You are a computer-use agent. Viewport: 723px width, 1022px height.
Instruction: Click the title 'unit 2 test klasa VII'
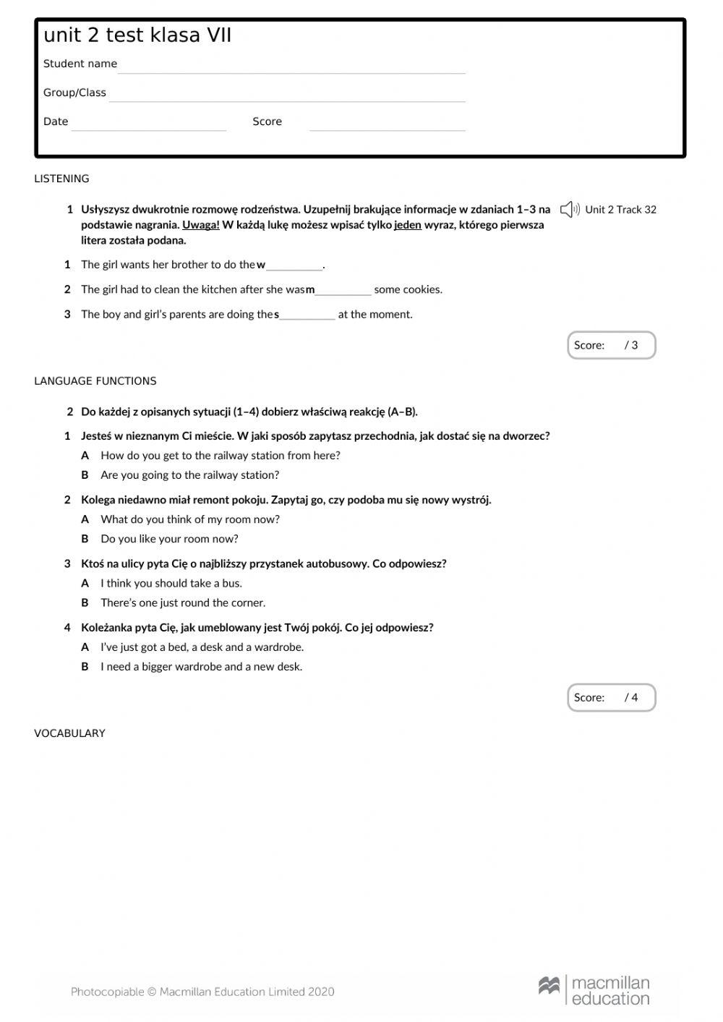click(137, 35)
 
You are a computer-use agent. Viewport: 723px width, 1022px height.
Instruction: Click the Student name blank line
click(291, 67)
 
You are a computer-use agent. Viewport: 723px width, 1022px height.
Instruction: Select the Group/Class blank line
click(287, 95)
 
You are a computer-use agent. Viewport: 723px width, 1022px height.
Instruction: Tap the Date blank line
click(149, 124)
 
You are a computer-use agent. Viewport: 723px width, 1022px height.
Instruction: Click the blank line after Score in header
click(387, 124)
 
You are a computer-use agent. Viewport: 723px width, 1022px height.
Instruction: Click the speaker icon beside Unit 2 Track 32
click(570, 210)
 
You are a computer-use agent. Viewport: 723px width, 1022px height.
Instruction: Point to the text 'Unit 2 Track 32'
click(620, 210)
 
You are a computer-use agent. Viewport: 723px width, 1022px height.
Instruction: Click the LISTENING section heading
click(61, 179)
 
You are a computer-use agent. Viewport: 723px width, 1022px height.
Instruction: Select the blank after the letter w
click(294, 265)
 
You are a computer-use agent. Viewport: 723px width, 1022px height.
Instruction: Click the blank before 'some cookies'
click(343, 290)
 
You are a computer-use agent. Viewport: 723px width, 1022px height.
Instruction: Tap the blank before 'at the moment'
click(307, 315)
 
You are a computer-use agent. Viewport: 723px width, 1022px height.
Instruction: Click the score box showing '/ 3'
click(611, 345)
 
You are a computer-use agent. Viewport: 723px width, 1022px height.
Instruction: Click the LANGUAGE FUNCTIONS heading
click(95, 381)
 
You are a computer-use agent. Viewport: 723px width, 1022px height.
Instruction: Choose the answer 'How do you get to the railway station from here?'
click(220, 456)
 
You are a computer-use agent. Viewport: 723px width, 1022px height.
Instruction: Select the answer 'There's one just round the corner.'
click(183, 603)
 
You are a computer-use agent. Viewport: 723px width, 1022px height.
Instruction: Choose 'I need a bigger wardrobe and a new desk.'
click(201, 667)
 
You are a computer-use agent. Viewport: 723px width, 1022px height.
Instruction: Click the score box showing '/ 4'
click(611, 698)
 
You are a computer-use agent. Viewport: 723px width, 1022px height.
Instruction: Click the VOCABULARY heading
click(69, 733)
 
